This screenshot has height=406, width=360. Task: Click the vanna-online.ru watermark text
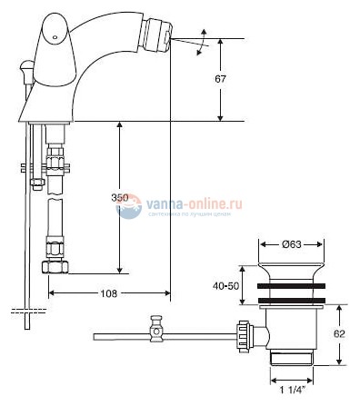192,204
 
